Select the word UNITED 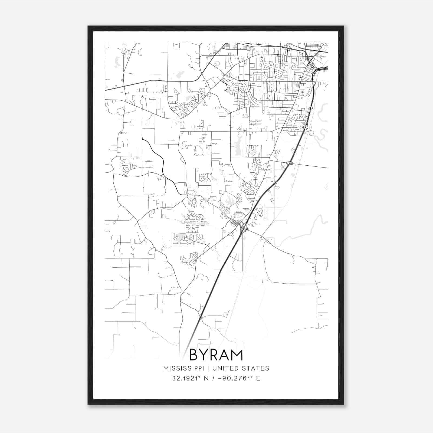point(223,368)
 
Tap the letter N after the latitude point(206,378)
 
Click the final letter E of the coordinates point(258,378)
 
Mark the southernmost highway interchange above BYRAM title point(201,317)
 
